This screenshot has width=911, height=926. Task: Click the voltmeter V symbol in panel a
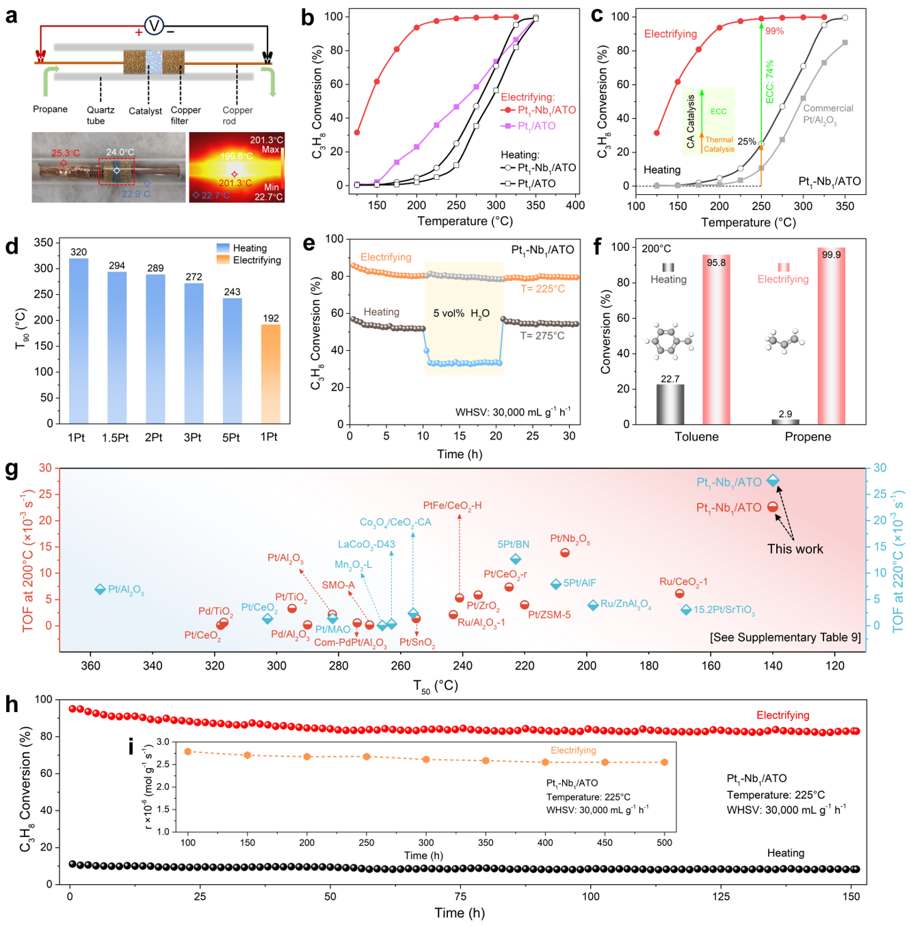[x=154, y=26]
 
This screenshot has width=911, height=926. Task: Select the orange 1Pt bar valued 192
[x=271, y=373]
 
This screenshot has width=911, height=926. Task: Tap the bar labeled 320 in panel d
[x=79, y=341]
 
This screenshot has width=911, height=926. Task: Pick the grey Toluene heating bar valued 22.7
[x=670, y=404]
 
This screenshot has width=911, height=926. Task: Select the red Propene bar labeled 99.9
[x=831, y=336]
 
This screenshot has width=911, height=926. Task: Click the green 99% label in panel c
[x=775, y=31]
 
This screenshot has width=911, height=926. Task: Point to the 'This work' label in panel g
[x=795, y=549]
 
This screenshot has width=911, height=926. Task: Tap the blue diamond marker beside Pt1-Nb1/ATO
[x=773, y=481]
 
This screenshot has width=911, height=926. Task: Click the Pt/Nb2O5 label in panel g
[x=570, y=539]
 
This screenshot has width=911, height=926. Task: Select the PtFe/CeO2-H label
[x=452, y=505]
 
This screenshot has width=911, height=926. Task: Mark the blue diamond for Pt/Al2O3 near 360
[x=100, y=590]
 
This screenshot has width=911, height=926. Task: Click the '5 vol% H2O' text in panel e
[x=462, y=313]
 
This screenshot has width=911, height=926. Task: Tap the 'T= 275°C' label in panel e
[x=542, y=336]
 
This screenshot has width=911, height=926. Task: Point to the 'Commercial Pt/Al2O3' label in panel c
[x=828, y=114]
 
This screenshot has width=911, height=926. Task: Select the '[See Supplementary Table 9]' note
[x=785, y=637]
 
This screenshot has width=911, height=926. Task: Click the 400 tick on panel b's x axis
[x=575, y=204]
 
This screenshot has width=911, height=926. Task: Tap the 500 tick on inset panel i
[x=664, y=843]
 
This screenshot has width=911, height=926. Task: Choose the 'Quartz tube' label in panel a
[x=101, y=115]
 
